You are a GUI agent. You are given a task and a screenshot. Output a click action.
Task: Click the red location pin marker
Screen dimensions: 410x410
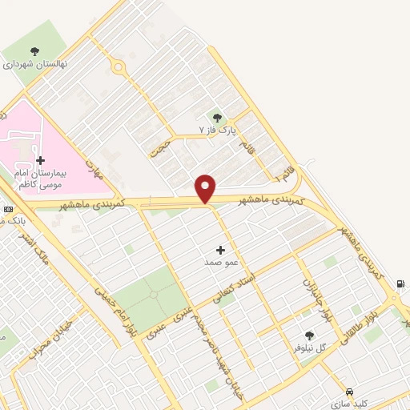(206, 188)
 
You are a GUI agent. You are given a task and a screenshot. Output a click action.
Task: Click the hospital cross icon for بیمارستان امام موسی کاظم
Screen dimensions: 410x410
(40, 160)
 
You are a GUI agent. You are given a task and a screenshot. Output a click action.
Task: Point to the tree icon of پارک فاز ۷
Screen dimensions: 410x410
(218, 118)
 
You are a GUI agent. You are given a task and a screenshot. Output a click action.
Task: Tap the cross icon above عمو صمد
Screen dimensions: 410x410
(220, 251)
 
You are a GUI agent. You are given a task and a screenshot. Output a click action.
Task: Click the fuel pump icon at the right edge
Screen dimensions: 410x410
(400, 283)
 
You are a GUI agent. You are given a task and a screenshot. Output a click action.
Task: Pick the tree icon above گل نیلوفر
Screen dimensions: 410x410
(310, 336)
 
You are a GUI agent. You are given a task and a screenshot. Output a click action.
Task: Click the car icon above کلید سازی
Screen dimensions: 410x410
(348, 392)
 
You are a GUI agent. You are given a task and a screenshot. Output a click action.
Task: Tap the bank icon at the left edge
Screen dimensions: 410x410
(8, 208)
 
